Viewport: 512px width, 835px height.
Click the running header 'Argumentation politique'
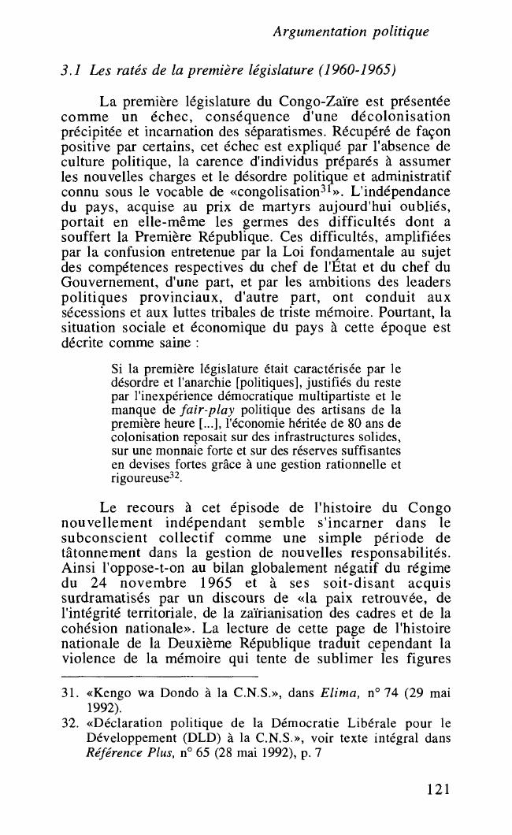coord(350,32)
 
